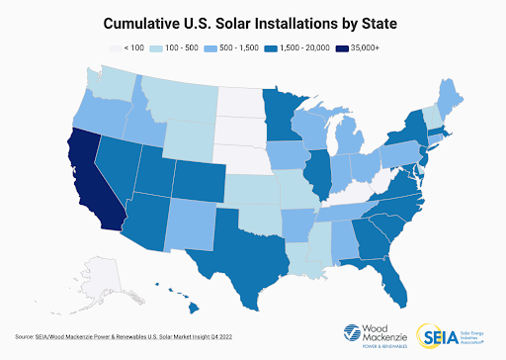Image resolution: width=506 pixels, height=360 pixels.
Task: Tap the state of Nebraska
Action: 241,158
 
